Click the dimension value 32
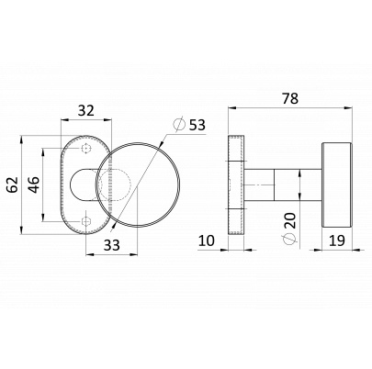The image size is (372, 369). (x=86, y=110)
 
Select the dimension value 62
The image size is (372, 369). (x=13, y=184)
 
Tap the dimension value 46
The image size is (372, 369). (x=34, y=184)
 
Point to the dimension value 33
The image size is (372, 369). (x=111, y=245)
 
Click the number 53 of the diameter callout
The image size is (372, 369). (x=197, y=125)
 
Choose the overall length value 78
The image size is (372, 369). (x=289, y=98)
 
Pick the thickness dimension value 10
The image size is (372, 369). (x=207, y=240)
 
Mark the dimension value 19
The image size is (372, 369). (x=337, y=240)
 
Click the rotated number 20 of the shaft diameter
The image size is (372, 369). (x=290, y=220)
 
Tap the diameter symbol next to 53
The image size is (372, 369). (x=180, y=124)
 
